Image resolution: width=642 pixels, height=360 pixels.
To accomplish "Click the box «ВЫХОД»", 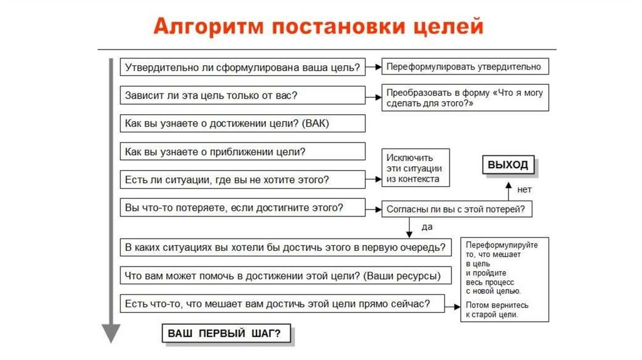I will click(508, 165).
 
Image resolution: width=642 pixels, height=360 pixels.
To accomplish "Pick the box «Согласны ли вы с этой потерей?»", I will click(457, 209).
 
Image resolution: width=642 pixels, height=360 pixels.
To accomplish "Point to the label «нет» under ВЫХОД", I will click(524, 188).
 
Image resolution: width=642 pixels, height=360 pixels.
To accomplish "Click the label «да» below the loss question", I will click(427, 226).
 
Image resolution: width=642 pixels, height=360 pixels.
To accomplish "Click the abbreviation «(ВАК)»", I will click(315, 124).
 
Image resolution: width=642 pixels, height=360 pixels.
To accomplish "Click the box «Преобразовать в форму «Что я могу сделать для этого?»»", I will click(465, 98).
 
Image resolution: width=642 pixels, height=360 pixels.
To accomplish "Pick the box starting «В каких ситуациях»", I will click(285, 247).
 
